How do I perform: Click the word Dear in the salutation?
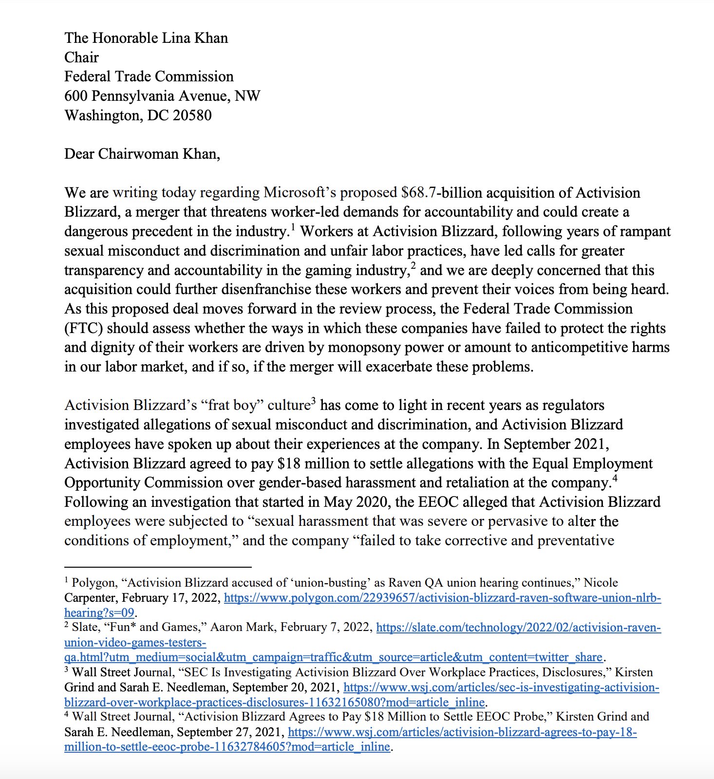(79, 154)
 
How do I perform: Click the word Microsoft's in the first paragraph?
(300, 193)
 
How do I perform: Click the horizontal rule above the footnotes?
(158, 567)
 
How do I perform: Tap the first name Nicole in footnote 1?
(601, 583)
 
